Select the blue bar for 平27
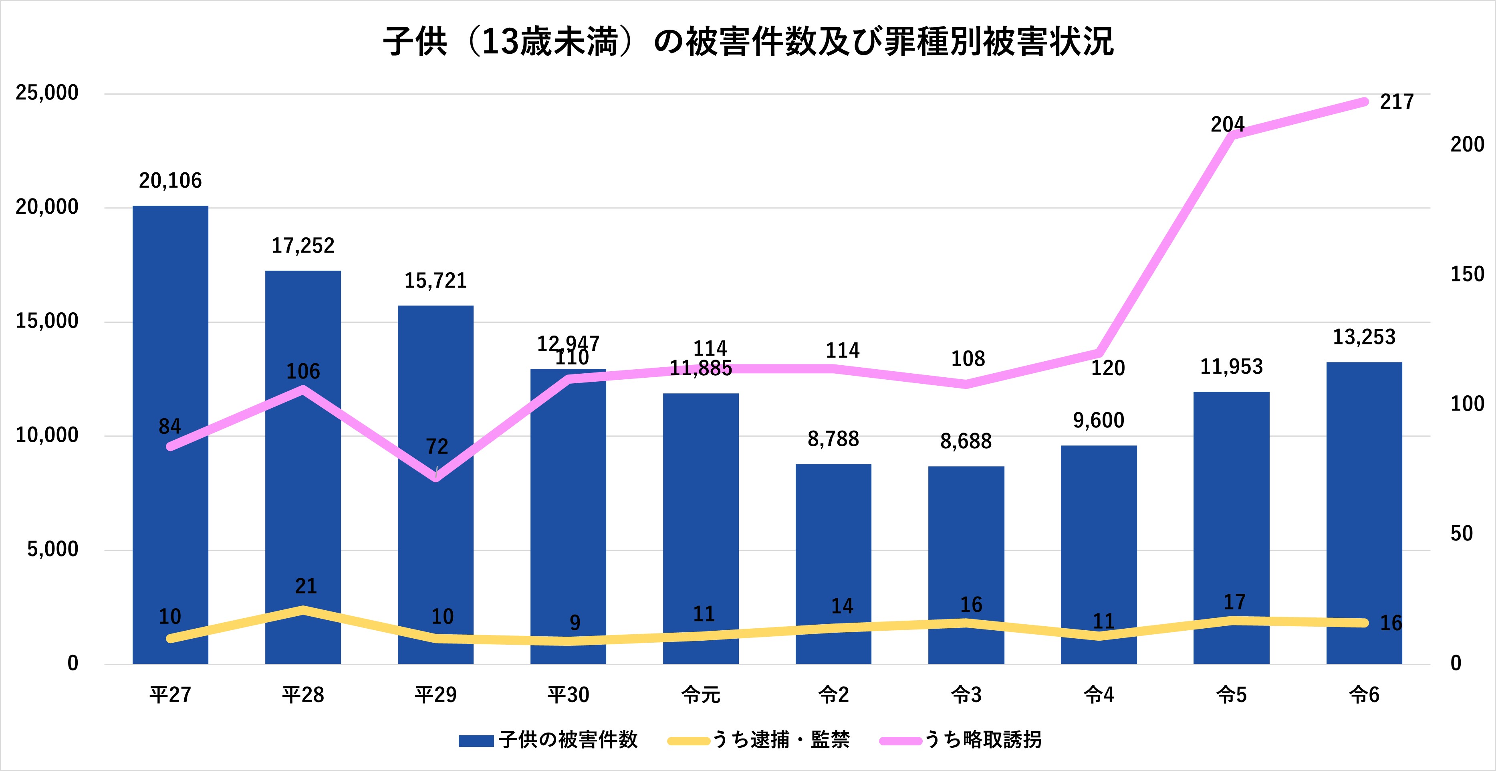[x=170, y=523]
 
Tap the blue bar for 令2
[x=833, y=564]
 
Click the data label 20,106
[x=170, y=181]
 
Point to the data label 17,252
[x=303, y=246]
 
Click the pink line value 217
[x=1397, y=102]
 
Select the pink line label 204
[x=1228, y=124]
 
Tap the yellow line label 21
[x=306, y=586]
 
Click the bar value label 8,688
[x=966, y=441]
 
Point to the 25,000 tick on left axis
[x=46, y=93]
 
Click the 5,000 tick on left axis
[x=52, y=549]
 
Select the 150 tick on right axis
[x=1468, y=274]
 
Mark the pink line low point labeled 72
[x=436, y=478]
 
